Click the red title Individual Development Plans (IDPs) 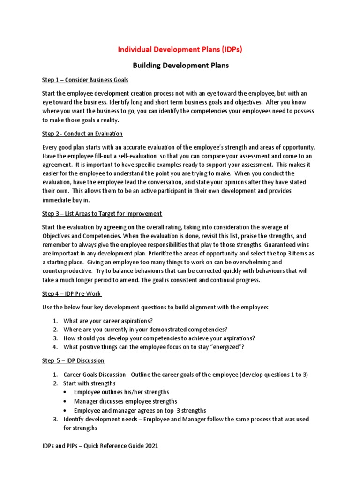point(180,49)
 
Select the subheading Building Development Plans point(180,66)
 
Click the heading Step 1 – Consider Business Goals point(85,80)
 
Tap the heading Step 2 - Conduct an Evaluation point(82,134)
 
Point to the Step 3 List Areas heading point(102,214)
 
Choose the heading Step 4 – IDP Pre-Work point(72,294)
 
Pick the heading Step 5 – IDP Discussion point(73,360)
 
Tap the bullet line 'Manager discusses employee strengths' point(125,401)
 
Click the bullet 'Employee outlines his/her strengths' point(121,392)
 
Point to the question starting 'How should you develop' point(159,338)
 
